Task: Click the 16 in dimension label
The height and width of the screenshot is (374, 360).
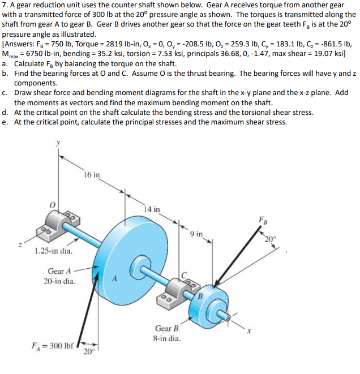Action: (92, 175)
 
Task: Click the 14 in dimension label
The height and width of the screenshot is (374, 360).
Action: (151, 209)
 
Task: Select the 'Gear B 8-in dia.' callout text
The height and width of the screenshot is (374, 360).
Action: (167, 333)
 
